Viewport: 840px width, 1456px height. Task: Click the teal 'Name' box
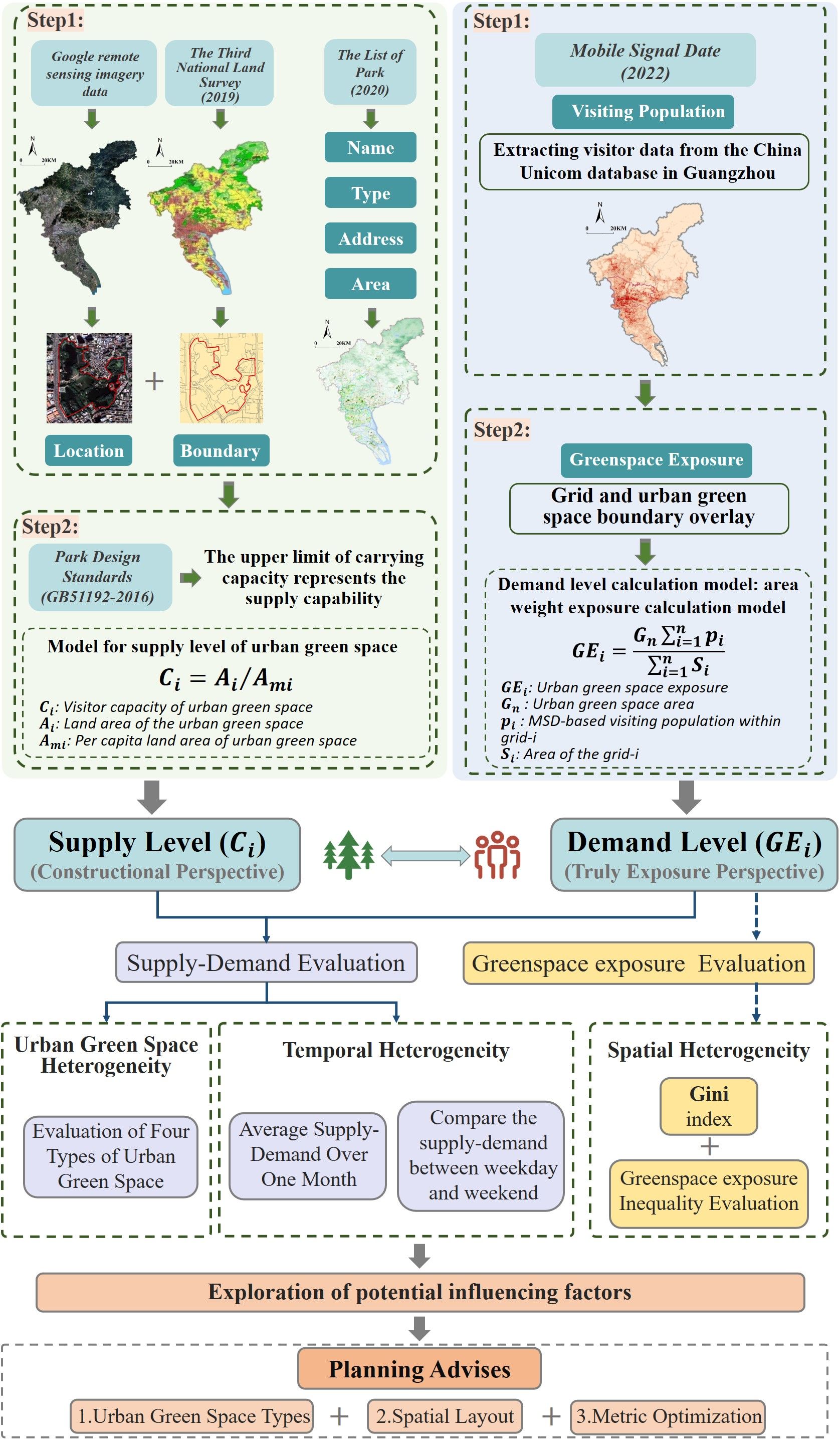(x=370, y=148)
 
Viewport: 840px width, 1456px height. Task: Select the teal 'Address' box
(x=370, y=238)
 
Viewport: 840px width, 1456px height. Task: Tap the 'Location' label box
(x=88, y=450)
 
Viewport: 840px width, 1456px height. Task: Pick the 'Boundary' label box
(x=221, y=450)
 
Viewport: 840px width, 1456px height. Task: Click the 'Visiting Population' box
(x=643, y=111)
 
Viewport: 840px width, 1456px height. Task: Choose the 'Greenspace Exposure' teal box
(x=656, y=459)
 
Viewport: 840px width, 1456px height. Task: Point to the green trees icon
(x=348, y=855)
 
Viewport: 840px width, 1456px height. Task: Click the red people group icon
(x=497, y=855)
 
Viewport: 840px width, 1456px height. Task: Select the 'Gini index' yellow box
(x=709, y=1106)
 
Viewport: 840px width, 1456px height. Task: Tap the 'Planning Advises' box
(x=419, y=1368)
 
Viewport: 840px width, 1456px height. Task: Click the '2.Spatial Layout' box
(x=445, y=1415)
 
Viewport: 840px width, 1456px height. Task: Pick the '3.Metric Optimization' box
(x=668, y=1415)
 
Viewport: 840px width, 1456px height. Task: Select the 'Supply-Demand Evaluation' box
(x=266, y=962)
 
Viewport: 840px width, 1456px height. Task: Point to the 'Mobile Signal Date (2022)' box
(x=645, y=61)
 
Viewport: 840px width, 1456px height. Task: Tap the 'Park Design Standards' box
(x=100, y=577)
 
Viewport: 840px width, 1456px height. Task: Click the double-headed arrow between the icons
(x=425, y=856)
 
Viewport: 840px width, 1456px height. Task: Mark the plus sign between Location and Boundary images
(x=154, y=381)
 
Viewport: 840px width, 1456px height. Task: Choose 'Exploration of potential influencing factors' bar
(x=419, y=1292)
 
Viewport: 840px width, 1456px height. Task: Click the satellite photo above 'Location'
(x=89, y=378)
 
